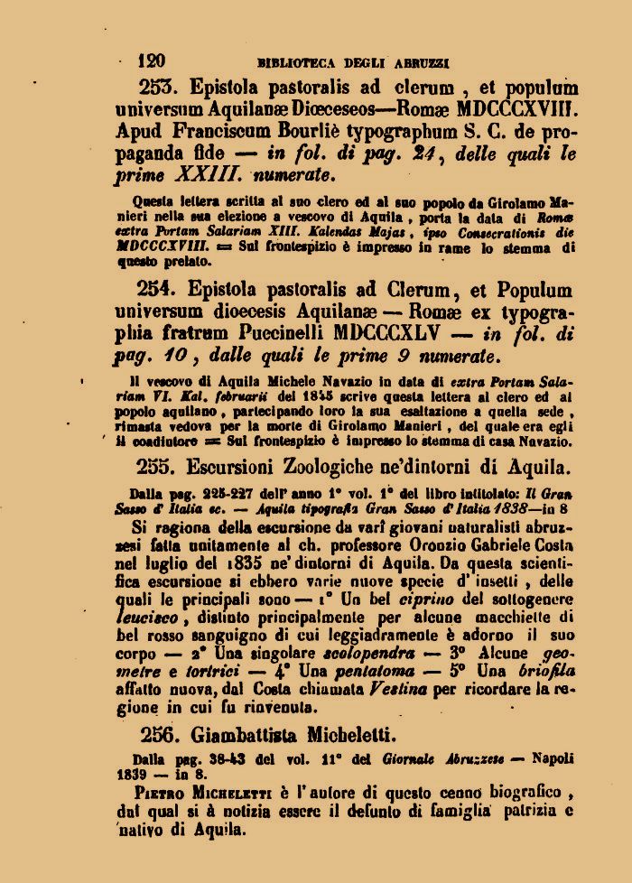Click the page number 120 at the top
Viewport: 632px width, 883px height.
point(152,60)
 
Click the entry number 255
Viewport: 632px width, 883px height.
point(160,467)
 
